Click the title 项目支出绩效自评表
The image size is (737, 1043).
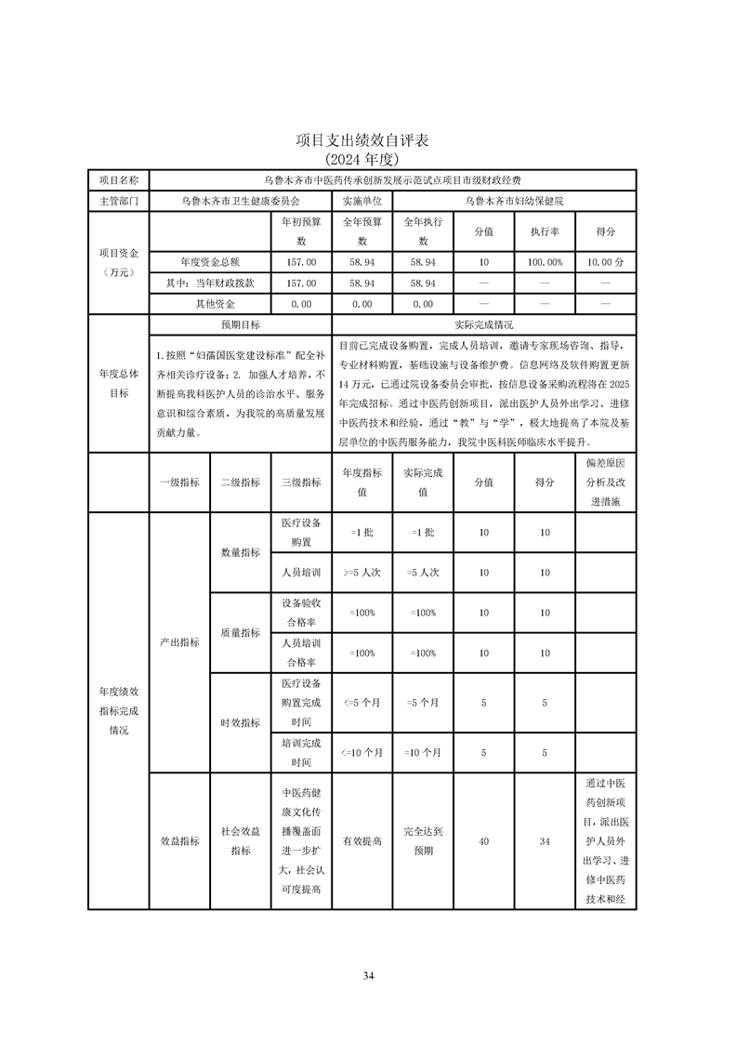(368, 140)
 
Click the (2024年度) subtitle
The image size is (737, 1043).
(368, 158)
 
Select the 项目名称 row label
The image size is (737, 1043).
(118, 179)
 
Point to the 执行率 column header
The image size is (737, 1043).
(545, 231)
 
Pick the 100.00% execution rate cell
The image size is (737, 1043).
(545, 262)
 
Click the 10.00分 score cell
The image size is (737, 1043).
(606, 262)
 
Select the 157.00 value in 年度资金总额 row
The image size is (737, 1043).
(301, 262)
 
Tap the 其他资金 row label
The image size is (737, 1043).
(215, 304)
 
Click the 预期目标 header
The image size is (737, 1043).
(240, 325)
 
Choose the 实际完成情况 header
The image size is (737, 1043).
(483, 325)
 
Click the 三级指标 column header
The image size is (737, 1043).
(301, 482)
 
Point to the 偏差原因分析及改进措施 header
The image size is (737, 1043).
(606, 482)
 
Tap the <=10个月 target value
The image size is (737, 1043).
(362, 753)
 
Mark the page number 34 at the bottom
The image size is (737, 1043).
(368, 975)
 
